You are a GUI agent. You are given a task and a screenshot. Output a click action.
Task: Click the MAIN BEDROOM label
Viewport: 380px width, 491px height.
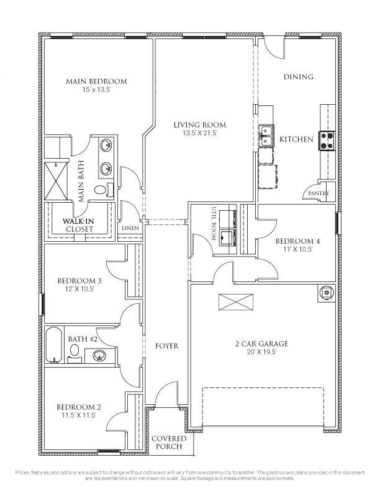[96, 81]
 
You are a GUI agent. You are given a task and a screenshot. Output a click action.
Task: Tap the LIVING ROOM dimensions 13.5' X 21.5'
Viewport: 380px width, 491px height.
[200, 133]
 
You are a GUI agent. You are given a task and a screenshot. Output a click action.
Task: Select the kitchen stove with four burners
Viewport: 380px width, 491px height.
[327, 141]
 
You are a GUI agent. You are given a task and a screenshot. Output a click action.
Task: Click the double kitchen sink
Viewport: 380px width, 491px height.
[266, 136]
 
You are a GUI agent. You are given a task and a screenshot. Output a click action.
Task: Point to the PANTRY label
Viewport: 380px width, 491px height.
[319, 193]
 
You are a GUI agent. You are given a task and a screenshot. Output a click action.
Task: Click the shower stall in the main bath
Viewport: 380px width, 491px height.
[56, 180]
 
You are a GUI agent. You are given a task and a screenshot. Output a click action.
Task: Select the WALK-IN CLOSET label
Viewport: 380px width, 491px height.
[78, 225]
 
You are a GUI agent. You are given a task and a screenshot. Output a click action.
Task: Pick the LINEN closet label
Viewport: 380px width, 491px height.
[130, 228]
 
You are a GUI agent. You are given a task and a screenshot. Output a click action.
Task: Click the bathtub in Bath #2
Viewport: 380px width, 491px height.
[54, 345]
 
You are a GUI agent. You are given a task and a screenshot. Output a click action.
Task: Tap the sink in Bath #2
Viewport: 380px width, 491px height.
[99, 355]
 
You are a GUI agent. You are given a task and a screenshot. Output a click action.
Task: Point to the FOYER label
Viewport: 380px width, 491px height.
[167, 346]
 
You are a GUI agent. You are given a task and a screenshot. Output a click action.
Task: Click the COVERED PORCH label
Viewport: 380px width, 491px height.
[169, 442]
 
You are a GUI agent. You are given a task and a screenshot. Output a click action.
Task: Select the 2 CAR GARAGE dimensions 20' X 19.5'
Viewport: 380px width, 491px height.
[261, 352]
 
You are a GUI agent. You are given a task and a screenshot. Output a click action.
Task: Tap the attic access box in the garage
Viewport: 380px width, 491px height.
[236, 302]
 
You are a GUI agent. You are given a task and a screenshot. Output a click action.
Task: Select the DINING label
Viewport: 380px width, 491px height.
[299, 77]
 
